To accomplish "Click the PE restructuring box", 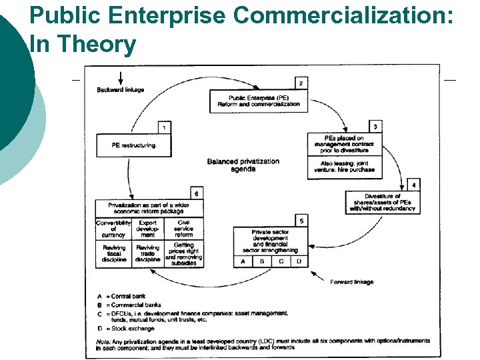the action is pos(133,145).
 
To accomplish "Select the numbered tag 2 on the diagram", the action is pos(301,83).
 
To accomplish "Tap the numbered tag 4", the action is pos(414,184).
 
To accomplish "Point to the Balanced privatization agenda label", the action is pos(243,165).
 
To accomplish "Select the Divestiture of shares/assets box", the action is pos(382,203).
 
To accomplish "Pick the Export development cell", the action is pos(147,229).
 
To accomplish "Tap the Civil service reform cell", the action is pos(183,229).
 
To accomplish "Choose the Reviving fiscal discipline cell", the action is pos(114,253).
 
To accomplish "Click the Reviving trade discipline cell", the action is pos(147,253).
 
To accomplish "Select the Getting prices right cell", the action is pos(183,254).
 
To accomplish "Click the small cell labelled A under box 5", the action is pos(243,261).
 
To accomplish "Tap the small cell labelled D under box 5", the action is pos(299,261).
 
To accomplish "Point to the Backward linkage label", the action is pos(121,90).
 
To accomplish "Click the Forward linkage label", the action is pos(352,282).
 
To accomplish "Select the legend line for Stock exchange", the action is pos(126,329).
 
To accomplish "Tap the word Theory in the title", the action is pos(97,45).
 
